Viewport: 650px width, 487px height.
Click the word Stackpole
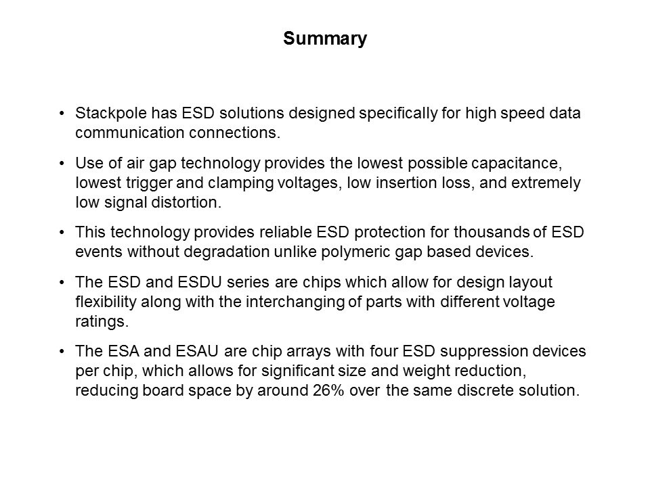coord(110,113)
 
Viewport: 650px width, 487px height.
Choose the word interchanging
coord(295,302)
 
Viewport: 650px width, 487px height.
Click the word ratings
coord(102,322)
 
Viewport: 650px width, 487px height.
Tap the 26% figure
coord(329,390)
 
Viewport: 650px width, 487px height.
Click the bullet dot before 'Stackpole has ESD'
coord(62,113)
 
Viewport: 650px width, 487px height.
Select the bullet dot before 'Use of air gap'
coord(62,163)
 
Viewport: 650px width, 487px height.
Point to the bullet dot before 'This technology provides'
coord(62,232)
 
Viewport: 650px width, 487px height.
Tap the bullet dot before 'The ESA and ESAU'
coord(62,351)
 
